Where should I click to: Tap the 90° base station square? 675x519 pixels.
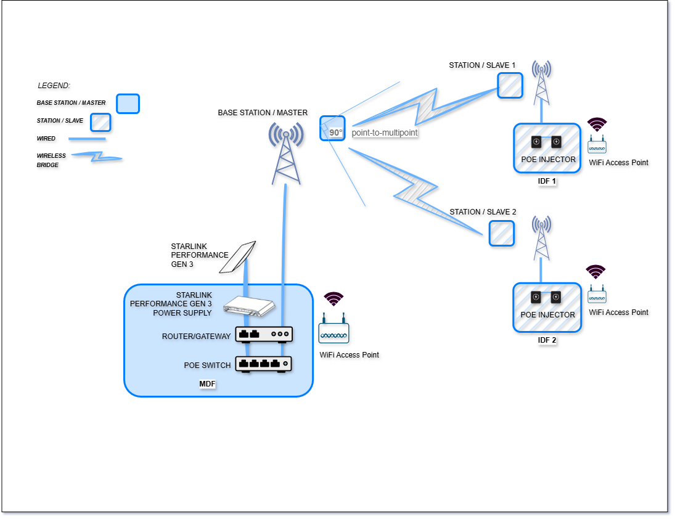click(x=332, y=128)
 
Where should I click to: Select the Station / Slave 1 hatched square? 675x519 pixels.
click(x=510, y=86)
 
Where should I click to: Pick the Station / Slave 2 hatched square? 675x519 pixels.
click(x=501, y=234)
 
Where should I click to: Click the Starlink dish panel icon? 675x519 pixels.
click(x=238, y=257)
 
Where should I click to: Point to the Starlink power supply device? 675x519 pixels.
click(x=250, y=306)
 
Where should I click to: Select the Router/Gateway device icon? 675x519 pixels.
click(x=263, y=334)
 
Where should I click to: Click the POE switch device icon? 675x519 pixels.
click(x=263, y=364)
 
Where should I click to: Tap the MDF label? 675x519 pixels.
click(x=207, y=384)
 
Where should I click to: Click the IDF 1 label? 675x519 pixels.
click(x=547, y=181)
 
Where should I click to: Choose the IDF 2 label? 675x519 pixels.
click(x=547, y=340)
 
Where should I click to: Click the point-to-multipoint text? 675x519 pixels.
click(x=385, y=133)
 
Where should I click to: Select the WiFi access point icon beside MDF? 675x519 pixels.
click(x=333, y=333)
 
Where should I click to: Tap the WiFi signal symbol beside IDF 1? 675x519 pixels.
click(x=596, y=125)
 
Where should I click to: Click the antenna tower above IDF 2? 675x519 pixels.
click(x=541, y=238)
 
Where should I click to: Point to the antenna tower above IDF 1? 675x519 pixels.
click(x=541, y=83)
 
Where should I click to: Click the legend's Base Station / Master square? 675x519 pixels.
click(x=128, y=104)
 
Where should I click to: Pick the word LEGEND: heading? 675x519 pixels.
click(x=54, y=86)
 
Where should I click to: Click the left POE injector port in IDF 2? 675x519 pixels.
click(x=536, y=297)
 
